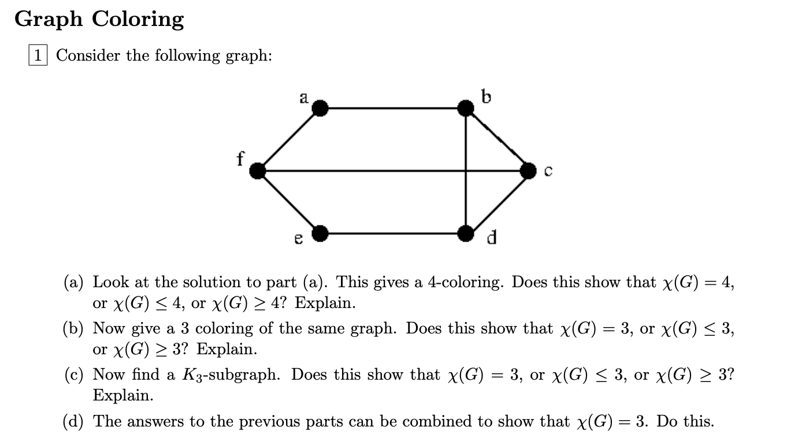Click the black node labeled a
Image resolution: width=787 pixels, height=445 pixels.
[x=320, y=107]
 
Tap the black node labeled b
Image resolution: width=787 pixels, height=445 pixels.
[x=465, y=107]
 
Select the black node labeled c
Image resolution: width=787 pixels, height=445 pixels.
[x=528, y=170]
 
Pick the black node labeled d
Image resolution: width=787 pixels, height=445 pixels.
[x=465, y=233]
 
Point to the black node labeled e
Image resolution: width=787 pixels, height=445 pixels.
[x=320, y=233]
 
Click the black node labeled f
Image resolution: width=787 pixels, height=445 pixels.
[x=257, y=170]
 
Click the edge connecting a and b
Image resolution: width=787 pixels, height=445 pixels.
[x=392, y=107]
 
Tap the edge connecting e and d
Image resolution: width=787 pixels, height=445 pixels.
[x=392, y=233]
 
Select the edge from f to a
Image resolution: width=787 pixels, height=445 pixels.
[x=288, y=139]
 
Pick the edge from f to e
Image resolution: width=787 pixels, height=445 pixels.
[x=288, y=202]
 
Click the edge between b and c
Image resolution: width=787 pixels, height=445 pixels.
[x=497, y=139]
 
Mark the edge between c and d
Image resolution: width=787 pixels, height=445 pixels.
[x=497, y=202]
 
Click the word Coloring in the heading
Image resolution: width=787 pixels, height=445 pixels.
[x=138, y=20]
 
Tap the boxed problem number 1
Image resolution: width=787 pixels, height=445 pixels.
[x=38, y=55]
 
